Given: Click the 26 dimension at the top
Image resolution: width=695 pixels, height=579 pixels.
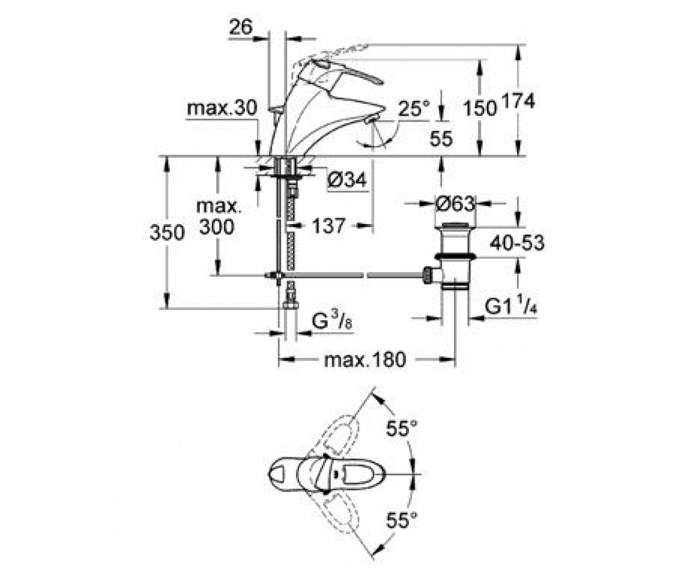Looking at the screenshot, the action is point(241,27).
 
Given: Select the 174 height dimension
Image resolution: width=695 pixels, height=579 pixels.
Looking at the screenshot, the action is point(518,101).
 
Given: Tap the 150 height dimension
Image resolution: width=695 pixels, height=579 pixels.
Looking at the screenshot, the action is point(480,108).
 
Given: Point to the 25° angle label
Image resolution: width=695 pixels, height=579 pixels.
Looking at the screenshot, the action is point(414,108).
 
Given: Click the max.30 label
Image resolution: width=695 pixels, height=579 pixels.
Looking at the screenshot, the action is point(222,108).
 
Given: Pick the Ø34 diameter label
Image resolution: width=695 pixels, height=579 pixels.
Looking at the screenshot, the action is point(347,180).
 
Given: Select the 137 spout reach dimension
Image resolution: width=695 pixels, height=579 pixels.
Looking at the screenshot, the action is point(328,226).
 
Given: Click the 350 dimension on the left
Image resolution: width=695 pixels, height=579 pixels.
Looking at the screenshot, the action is point(167,232).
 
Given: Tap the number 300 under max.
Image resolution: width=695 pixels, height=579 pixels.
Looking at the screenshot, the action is point(217,228).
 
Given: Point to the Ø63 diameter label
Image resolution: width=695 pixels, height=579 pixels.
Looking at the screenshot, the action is point(455,204).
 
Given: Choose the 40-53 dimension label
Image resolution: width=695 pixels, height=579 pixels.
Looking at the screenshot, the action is point(517,243).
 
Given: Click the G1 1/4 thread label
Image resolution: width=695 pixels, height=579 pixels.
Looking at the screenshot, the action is point(511,306).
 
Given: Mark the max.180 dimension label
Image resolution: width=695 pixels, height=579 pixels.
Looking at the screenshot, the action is point(365,360).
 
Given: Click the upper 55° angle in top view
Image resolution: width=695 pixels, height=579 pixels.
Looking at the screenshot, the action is point(401,428).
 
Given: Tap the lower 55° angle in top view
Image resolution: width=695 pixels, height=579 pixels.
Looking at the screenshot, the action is point(401,521).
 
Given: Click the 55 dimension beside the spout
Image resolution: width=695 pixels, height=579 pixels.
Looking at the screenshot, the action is point(441,139).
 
